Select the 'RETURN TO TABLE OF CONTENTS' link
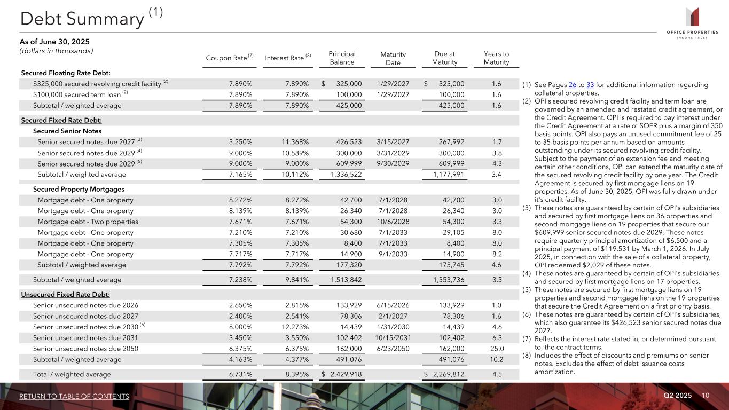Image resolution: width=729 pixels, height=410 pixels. coord(74,396)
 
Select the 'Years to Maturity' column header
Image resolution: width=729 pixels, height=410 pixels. coord(496,58)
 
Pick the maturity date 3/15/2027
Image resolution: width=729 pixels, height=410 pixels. coord(393,142)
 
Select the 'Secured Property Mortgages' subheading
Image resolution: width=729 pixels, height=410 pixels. coord(79,189)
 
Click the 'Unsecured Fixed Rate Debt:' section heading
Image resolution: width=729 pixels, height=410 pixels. coord(65,294)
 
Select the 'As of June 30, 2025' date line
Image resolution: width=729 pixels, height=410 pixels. coord(54,42)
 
